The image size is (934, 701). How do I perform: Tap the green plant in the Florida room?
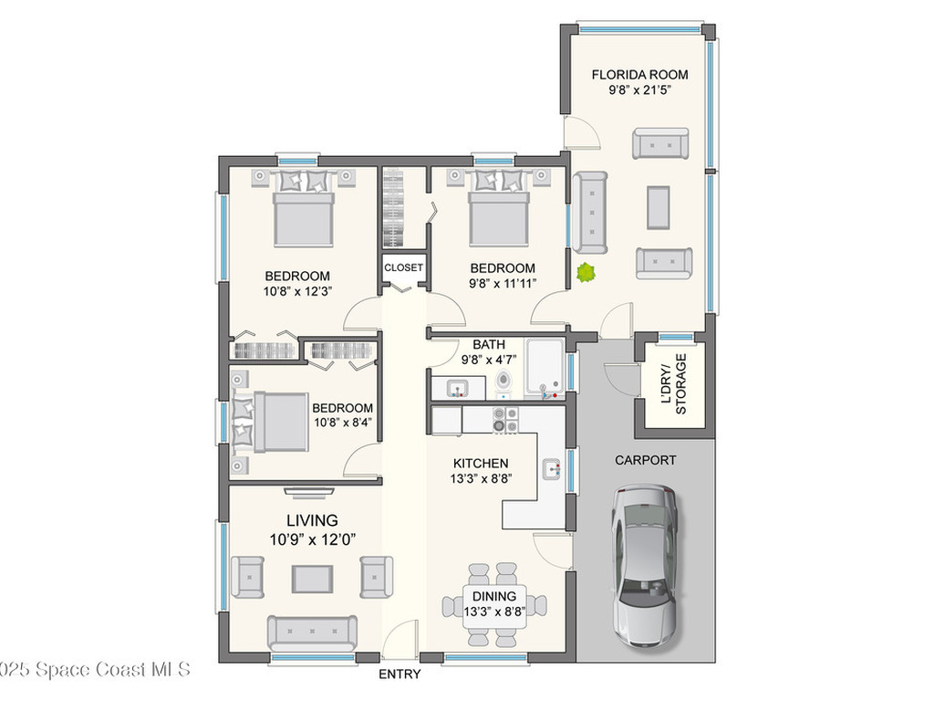(x=585, y=272)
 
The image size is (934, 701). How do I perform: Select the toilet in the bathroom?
(x=503, y=382)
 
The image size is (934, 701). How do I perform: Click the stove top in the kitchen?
(x=505, y=419)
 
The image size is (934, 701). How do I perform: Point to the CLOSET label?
(x=403, y=267)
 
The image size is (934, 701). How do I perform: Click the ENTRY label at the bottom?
(x=400, y=675)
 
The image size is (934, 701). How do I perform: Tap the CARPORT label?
(x=645, y=460)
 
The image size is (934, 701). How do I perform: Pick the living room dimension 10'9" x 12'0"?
(x=312, y=539)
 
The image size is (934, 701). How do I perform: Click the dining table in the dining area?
(x=494, y=603)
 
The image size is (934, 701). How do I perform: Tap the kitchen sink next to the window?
(x=551, y=469)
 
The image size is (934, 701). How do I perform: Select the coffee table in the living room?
(x=312, y=579)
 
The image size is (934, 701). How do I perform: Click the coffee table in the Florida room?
(x=659, y=207)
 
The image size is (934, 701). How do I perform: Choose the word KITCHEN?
(x=480, y=463)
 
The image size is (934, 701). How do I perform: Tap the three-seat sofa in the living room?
(x=312, y=632)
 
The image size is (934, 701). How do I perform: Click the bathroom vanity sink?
(x=454, y=390)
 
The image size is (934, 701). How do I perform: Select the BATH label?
(x=489, y=344)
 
